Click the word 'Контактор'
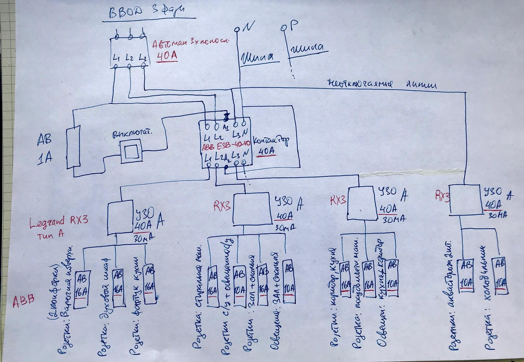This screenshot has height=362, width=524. tap(271, 142)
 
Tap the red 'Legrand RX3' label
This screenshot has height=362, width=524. tap(59, 221)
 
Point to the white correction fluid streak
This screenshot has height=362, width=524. tap(411, 172)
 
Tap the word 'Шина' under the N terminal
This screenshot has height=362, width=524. tap(257, 57)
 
